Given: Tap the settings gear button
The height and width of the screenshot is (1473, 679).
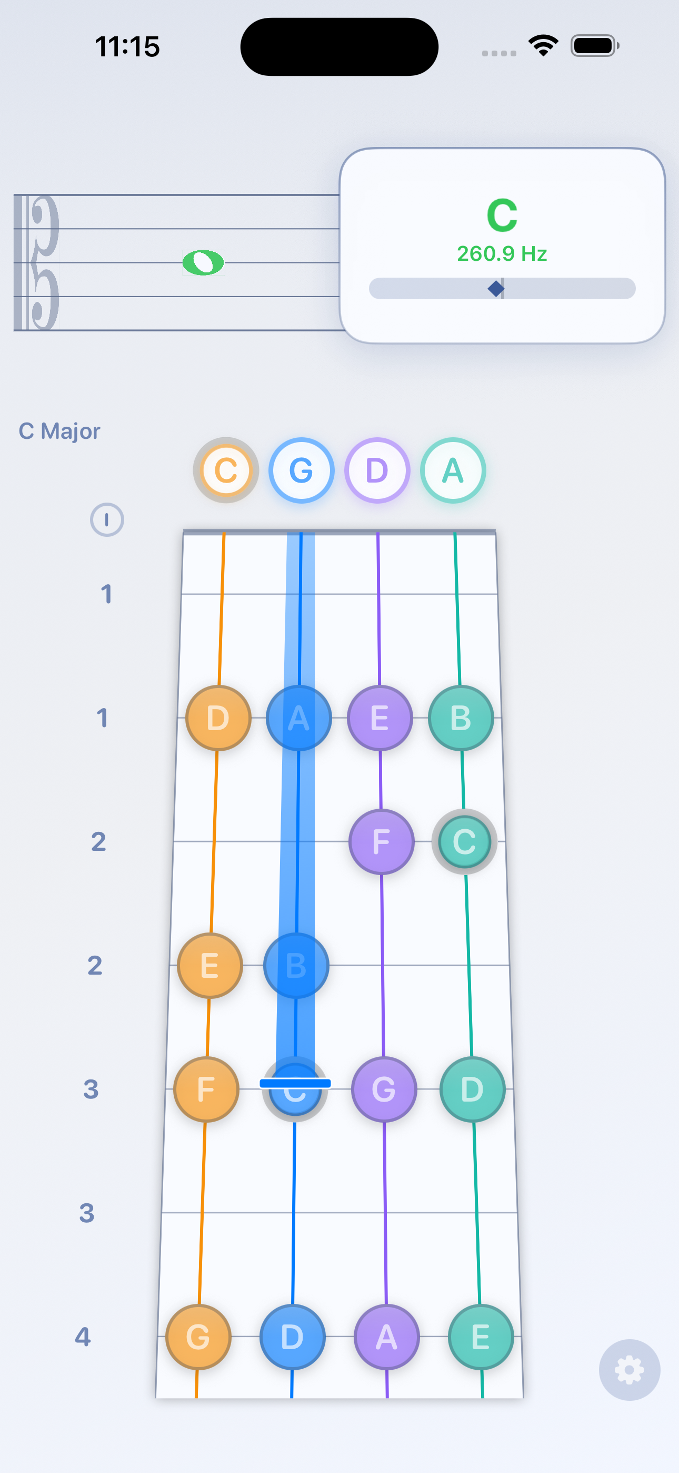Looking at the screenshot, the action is [630, 1370].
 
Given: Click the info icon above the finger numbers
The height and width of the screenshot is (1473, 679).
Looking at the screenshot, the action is [107, 520].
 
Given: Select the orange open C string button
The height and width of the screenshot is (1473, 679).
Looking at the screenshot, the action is [226, 470].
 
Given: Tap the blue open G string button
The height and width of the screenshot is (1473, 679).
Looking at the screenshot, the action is [301, 470].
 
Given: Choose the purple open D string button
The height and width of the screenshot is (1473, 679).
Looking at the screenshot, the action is [377, 470].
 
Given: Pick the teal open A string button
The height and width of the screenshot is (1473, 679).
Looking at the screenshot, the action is [453, 470].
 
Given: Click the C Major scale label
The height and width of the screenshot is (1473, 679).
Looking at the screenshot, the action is [59, 431].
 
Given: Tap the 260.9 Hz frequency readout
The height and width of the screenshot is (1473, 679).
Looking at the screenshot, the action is [502, 253].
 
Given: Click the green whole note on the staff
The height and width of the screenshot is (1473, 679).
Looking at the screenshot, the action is [203, 262].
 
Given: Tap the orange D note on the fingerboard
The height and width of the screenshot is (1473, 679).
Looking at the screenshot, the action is [218, 718].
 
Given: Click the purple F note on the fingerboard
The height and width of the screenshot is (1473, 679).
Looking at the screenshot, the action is [381, 841].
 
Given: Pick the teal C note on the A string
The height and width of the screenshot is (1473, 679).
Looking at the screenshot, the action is [464, 841].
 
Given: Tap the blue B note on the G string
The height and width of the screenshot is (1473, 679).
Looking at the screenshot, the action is [296, 965].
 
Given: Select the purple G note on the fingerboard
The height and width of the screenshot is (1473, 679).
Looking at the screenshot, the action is [384, 1089].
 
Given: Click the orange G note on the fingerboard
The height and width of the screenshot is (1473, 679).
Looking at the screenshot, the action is [198, 1337].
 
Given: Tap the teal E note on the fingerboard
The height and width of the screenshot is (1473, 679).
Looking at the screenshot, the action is [481, 1337].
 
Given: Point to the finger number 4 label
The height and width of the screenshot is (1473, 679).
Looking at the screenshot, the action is [83, 1337].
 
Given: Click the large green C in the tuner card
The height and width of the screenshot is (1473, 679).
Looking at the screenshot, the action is [502, 215].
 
